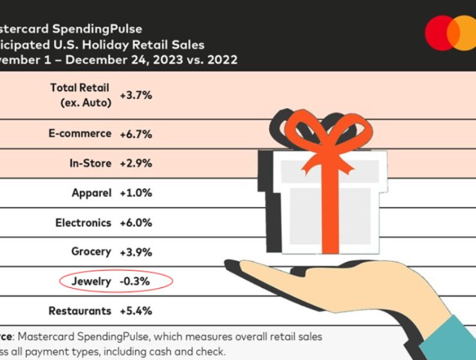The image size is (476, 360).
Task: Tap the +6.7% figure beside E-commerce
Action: (136, 134)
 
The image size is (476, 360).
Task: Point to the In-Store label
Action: (90, 163)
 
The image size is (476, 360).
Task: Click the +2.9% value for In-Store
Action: (136, 163)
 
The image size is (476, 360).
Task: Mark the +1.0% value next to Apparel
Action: (136, 193)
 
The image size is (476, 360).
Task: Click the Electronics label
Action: (83, 222)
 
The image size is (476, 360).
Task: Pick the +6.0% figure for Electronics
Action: (136, 222)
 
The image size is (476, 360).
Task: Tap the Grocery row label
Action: (91, 252)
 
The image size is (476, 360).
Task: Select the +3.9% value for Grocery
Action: (136, 252)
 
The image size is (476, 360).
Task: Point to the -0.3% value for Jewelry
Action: (135, 281)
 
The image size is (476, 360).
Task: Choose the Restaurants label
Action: (80, 311)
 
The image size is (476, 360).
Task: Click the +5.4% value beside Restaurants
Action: (136, 311)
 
